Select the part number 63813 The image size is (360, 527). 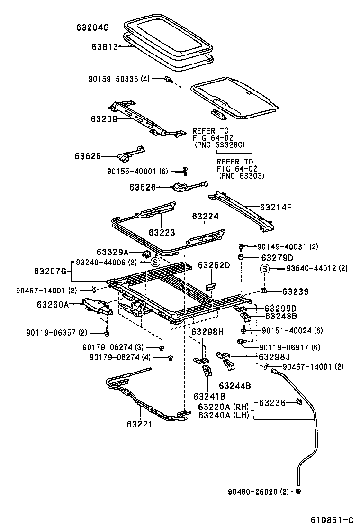pyautogui.click(x=104, y=46)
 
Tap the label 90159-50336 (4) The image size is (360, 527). pyautogui.click(x=119, y=79)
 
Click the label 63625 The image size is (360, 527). pyautogui.click(x=88, y=156)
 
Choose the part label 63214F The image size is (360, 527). pyautogui.click(x=276, y=207)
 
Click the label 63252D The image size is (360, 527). pyautogui.click(x=214, y=265)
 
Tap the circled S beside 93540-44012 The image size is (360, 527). pyautogui.click(x=265, y=269)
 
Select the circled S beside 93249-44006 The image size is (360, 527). pyautogui.click(x=154, y=262)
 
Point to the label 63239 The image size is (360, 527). pyautogui.click(x=295, y=291)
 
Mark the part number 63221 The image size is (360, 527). pyautogui.click(x=139, y=424)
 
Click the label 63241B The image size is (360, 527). pyautogui.click(x=209, y=396)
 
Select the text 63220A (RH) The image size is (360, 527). pyautogui.click(x=223, y=407)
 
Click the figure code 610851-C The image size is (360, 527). pyautogui.click(x=332, y=520)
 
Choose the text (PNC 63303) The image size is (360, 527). pyautogui.click(x=242, y=176)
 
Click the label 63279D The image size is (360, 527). pyautogui.click(x=277, y=258)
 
